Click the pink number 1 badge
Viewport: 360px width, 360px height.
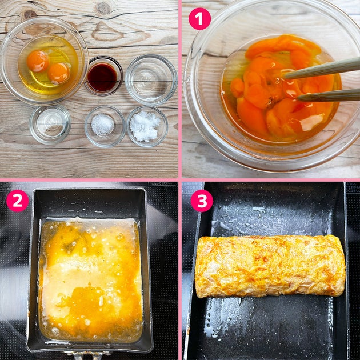click(x=199, y=19)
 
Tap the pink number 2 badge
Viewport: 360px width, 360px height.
click(x=18, y=201)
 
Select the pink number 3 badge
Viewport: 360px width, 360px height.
click(x=202, y=201)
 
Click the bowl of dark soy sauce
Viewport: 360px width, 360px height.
click(x=103, y=76)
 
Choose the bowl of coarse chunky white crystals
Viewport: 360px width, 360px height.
click(x=147, y=126)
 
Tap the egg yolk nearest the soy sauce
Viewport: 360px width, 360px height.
click(x=59, y=74)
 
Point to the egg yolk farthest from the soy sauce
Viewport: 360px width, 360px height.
click(x=38, y=61)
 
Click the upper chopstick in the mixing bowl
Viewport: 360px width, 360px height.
click(x=321, y=69)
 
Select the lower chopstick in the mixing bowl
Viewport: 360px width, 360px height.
click(x=329, y=95)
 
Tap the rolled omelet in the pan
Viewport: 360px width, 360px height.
click(x=270, y=266)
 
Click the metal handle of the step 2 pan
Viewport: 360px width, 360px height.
click(x=87, y=356)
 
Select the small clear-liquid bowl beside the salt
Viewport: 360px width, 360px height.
click(x=50, y=124)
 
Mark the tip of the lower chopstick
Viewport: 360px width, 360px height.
click(x=298, y=99)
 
